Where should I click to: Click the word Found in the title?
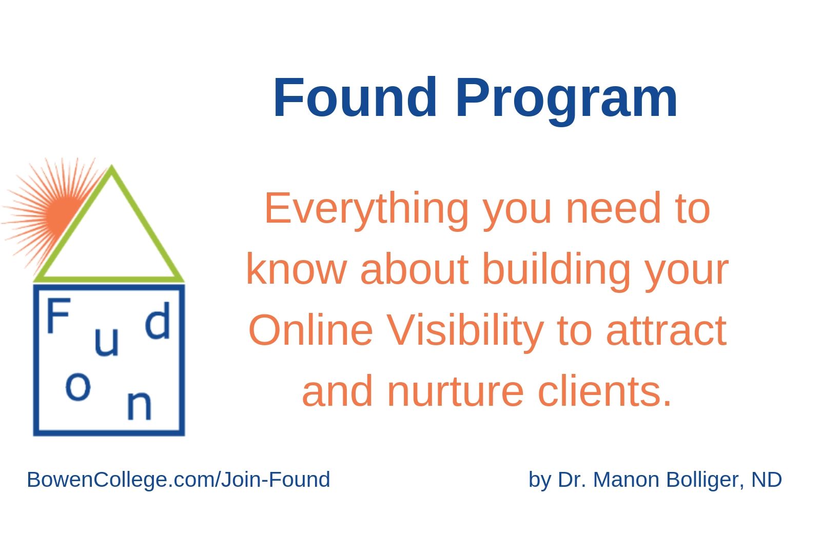point(355,97)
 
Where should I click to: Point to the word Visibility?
point(465,333)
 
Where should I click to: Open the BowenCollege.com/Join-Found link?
point(179,480)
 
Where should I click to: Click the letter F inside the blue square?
point(58,315)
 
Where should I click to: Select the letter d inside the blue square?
point(158,320)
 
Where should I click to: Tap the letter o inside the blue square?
point(77,387)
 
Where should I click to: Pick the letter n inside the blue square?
point(139,405)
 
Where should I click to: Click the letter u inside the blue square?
point(106,342)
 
